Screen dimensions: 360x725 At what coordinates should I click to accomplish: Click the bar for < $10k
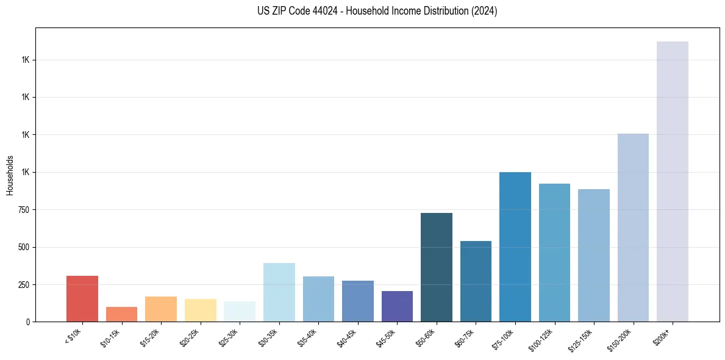[82, 298]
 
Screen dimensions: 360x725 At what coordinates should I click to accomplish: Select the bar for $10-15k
[121, 314]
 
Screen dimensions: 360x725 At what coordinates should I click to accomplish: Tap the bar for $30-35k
[279, 292]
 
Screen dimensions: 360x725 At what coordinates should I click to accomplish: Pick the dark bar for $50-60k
[437, 267]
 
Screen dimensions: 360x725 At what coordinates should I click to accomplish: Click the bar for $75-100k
[515, 247]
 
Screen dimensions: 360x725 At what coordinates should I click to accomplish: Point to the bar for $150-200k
[633, 228]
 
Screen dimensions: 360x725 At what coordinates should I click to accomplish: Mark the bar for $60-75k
[476, 281]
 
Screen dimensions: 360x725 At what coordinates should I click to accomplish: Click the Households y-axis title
[10, 175]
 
